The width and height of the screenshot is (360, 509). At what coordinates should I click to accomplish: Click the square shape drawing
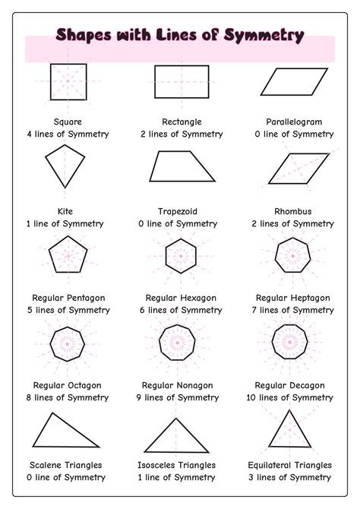68,81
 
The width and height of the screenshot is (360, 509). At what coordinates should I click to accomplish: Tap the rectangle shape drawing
182,81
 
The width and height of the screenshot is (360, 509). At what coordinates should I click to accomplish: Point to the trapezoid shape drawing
182,166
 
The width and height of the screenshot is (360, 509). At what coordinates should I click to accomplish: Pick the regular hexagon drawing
182,254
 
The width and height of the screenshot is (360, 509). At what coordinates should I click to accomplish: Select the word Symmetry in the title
265,35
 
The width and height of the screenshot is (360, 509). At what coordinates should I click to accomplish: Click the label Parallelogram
294,122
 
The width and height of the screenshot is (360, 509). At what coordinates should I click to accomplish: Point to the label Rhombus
293,211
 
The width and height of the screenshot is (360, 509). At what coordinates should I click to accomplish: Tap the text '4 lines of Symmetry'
68,134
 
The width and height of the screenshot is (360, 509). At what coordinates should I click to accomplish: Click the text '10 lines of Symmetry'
294,398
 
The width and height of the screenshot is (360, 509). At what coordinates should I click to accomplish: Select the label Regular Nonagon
182,386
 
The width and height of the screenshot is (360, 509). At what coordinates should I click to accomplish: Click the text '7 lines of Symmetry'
294,310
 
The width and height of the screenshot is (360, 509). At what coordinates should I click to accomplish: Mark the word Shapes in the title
85,35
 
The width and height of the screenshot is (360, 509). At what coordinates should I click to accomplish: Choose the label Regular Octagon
68,386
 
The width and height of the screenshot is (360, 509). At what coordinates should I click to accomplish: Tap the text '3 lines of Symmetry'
294,477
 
